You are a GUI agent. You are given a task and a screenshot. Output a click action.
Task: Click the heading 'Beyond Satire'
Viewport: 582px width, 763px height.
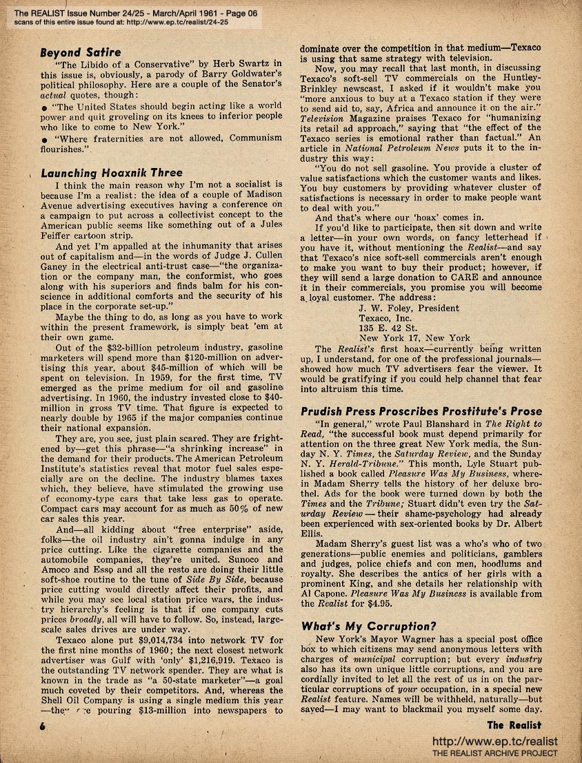pyautogui.click(x=81, y=52)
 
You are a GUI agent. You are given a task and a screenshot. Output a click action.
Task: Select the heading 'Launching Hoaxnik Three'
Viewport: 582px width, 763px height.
pyautogui.click(x=112, y=173)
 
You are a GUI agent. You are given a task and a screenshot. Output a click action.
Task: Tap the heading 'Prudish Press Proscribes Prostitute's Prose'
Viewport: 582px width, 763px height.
pyautogui.click(x=421, y=412)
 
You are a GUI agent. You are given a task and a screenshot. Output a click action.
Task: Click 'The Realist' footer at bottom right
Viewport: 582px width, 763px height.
pyautogui.click(x=514, y=724)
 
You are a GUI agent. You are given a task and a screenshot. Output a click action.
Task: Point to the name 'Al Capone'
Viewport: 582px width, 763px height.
pyautogui.click(x=324, y=592)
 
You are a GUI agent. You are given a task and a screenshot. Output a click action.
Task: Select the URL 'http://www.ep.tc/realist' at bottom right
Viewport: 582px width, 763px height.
pyautogui.click(x=494, y=742)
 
